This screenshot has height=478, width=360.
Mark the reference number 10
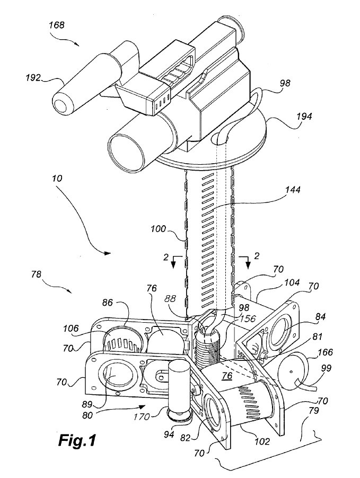point(58,180)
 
